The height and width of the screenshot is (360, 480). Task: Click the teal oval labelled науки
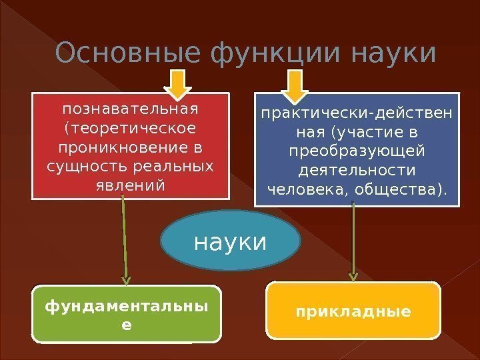230,241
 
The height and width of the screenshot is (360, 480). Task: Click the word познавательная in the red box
131,108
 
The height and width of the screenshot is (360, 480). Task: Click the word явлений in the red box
131,183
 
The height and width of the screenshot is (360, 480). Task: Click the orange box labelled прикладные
353,311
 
